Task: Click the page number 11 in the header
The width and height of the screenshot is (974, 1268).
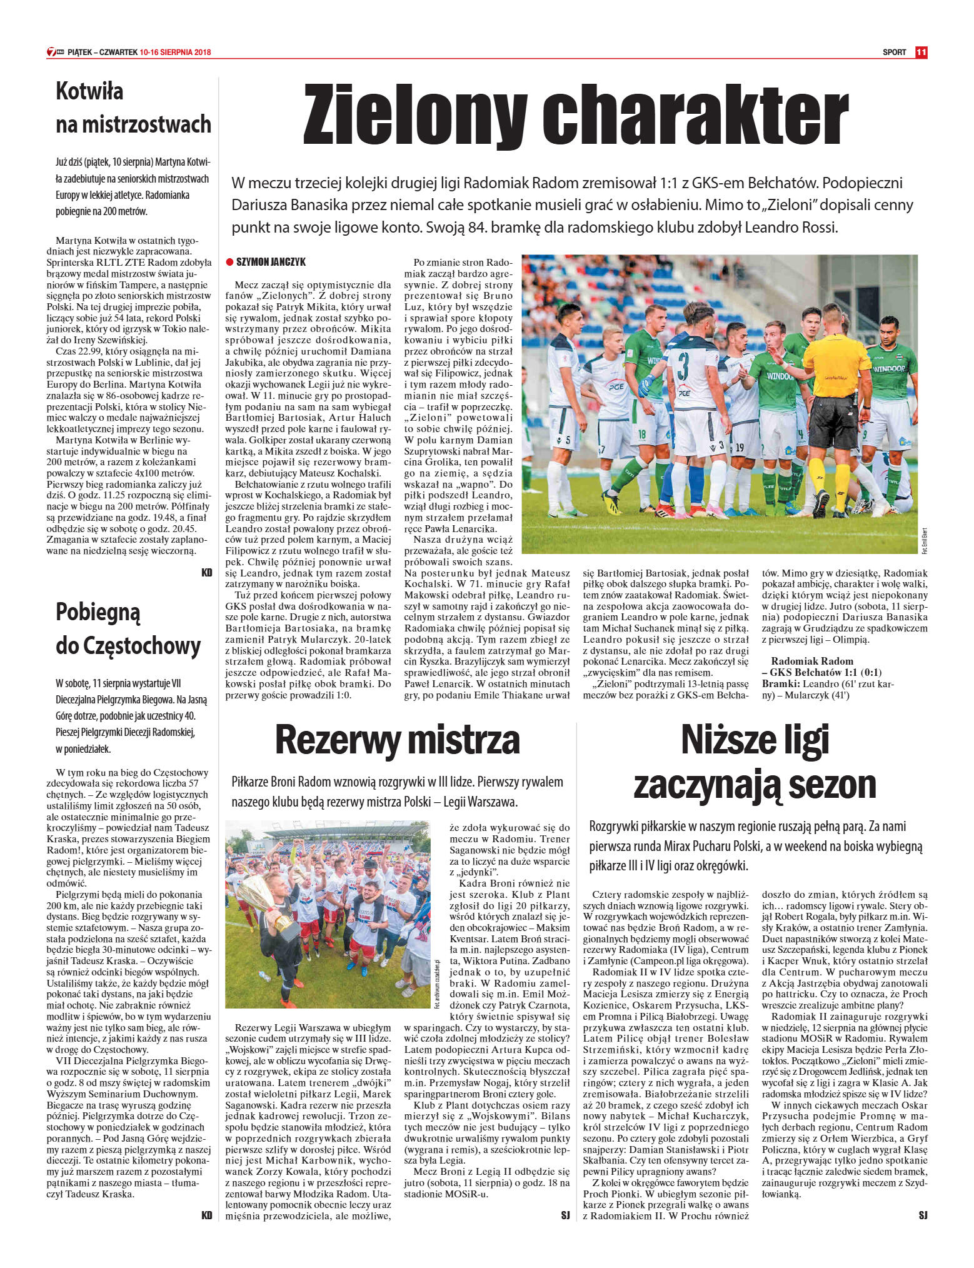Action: click(x=921, y=53)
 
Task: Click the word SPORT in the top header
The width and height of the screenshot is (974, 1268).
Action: click(x=894, y=53)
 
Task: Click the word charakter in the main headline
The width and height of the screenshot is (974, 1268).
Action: click(x=695, y=115)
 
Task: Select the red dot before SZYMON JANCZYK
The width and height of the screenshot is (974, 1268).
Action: click(x=229, y=262)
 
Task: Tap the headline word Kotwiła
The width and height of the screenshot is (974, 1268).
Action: click(x=89, y=91)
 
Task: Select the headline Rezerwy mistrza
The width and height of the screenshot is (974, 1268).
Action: click(x=397, y=740)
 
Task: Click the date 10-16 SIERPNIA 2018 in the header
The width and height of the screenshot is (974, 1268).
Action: click(x=176, y=53)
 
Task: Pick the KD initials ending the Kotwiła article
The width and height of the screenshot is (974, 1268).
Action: click(x=206, y=572)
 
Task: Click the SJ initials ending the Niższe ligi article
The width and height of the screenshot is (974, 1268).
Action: click(x=923, y=1215)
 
